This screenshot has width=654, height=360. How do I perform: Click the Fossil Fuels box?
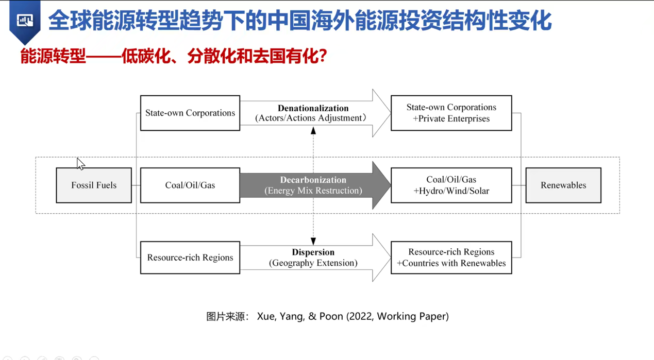[x=94, y=185]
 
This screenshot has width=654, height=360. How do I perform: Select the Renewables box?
[x=563, y=185]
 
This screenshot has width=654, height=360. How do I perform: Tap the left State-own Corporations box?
[x=190, y=113]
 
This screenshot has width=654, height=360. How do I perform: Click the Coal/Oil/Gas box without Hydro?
[x=190, y=185]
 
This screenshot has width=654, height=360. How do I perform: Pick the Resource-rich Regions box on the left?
[x=190, y=258]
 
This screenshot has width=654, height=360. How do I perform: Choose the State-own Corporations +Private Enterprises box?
[x=451, y=113]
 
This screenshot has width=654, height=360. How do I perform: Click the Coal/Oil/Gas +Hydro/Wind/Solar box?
[x=451, y=185]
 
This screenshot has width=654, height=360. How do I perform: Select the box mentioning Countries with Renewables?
[x=451, y=258]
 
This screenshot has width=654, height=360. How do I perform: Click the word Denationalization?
[x=313, y=108]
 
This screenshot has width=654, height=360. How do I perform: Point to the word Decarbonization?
[x=313, y=180]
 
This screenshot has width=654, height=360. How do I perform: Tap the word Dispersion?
[x=313, y=252]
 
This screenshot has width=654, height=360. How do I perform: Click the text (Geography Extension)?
[x=313, y=263]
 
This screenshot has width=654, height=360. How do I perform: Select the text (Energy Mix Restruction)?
[x=313, y=191]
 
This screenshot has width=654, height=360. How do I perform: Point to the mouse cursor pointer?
[x=80, y=163]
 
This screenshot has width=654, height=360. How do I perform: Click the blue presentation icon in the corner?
[x=25, y=21]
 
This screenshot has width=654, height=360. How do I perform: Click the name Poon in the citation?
[x=331, y=316]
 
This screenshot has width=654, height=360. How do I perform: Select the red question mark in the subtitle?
[x=323, y=56]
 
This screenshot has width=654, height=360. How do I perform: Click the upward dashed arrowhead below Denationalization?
[x=313, y=131]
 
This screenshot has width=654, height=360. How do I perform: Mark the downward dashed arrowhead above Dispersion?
[x=313, y=241]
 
